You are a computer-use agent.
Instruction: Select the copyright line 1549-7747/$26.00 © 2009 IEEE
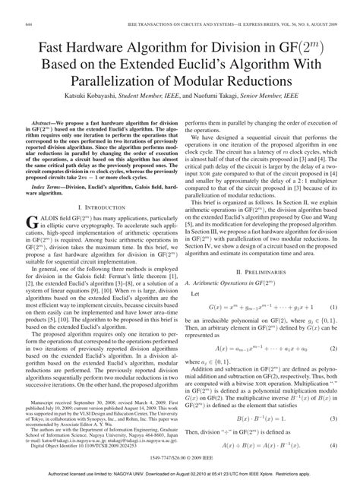pos(180,457)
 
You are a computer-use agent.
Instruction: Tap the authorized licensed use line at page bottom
pos(180,473)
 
